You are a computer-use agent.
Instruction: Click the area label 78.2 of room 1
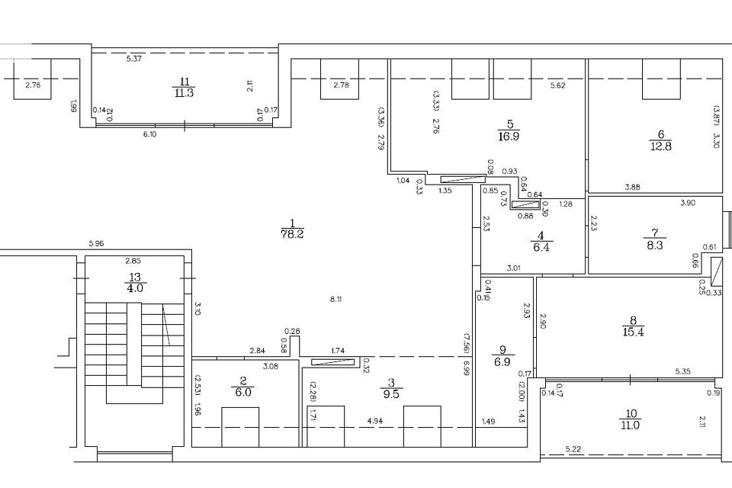pos(293,234)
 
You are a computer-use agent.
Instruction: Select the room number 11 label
pos(184,82)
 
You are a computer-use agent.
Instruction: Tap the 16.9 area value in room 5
pos(509,136)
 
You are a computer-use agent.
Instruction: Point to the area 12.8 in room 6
pos(660,146)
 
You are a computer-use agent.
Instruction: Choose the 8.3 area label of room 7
pos(654,245)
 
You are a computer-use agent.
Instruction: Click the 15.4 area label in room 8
pos(633,332)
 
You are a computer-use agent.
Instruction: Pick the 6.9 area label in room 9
pos(502,361)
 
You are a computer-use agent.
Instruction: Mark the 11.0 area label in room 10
pos(631,425)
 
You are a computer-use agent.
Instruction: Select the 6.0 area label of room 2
pos(243,392)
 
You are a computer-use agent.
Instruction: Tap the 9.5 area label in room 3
pos(390,393)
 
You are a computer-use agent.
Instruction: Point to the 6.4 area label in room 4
pos(541,246)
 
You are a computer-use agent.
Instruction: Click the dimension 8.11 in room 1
pos(336,300)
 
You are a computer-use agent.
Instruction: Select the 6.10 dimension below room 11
pos(149,134)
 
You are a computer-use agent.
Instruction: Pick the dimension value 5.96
pos(96,243)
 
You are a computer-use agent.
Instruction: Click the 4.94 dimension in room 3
pos(375,421)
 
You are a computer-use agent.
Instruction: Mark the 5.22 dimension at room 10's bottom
pos(573,449)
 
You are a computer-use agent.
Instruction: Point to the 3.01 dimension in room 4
pos(514,268)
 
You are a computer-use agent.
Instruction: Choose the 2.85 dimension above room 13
pos(133,261)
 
